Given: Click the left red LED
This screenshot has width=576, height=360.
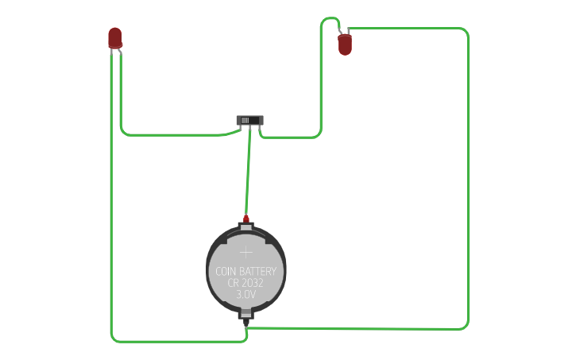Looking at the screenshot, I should click(115, 37).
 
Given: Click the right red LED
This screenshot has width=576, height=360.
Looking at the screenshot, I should click(345, 45).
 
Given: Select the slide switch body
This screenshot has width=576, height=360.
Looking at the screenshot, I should click(249, 120).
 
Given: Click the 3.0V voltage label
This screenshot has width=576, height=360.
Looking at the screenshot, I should click(246, 294).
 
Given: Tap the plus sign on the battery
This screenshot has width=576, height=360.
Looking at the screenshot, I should click(246, 252).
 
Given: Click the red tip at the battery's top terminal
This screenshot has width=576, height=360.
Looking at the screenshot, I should click(246, 219).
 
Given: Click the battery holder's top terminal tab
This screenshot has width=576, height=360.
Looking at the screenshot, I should click(246, 228).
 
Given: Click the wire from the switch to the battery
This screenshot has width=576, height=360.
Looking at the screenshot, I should click(248, 171).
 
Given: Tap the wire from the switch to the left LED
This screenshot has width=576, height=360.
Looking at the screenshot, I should click(175, 134).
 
